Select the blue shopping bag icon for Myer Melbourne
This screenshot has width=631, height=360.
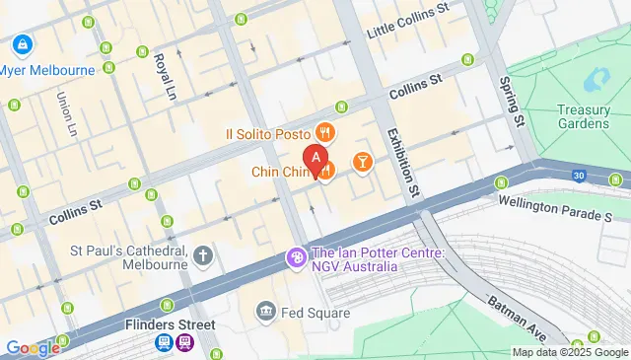[x=21, y=44]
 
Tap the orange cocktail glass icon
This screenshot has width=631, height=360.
[x=362, y=161]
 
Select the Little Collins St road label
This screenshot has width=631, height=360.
[x=407, y=34]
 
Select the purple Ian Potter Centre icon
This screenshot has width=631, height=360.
[x=295, y=258]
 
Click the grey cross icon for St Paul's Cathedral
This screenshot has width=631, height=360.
[x=203, y=256]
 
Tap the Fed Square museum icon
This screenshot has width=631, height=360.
[x=264, y=313]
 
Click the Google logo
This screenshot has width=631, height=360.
[x=32, y=347]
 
